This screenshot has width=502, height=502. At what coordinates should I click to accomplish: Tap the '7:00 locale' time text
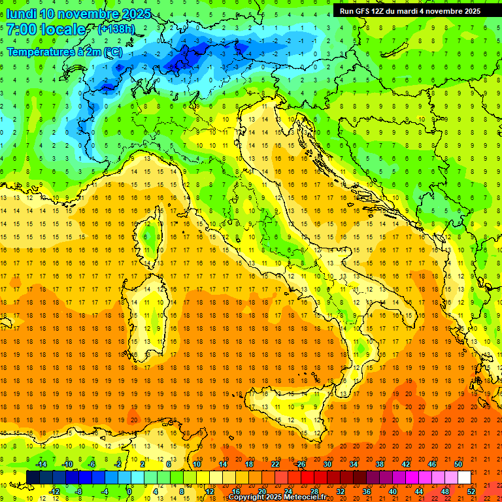(46, 29)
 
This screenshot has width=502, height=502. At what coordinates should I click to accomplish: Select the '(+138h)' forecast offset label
(117, 29)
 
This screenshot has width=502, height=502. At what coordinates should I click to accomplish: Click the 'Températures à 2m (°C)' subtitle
(64, 51)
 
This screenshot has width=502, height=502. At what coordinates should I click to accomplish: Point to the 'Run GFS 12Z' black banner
(410, 10)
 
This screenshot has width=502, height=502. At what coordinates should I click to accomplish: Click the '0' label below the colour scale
(130, 492)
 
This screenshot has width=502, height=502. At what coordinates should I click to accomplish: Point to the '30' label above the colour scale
(327, 464)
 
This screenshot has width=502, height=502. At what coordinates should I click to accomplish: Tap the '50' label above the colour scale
(458, 464)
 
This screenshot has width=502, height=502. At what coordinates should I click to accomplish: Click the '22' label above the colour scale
(275, 464)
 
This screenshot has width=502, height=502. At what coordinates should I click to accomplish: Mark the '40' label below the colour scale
(393, 492)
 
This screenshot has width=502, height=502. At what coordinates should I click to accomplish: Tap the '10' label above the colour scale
(196, 464)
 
